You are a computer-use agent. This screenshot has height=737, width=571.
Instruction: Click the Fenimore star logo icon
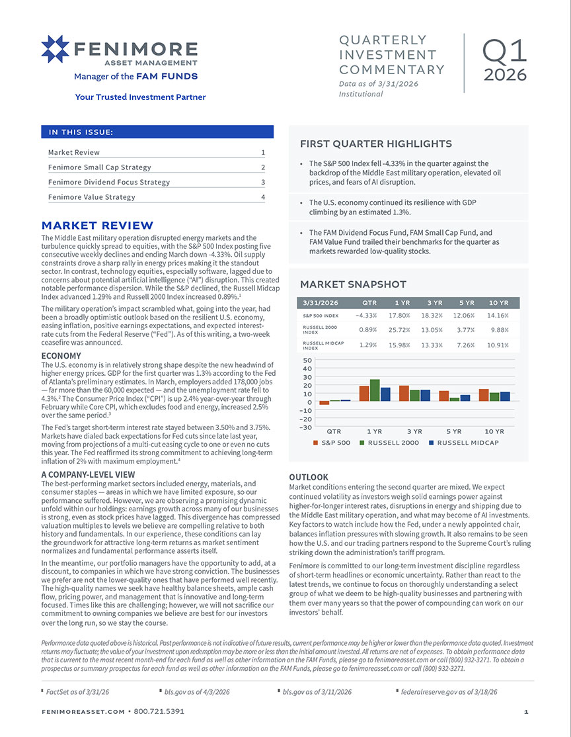[55, 50]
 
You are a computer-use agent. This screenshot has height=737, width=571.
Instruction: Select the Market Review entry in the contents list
[74, 152]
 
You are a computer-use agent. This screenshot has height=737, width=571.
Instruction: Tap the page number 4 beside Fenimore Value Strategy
[262, 197]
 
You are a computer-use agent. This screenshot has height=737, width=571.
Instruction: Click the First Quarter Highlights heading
[376, 144]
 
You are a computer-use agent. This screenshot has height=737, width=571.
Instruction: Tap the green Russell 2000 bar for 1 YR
[375, 390]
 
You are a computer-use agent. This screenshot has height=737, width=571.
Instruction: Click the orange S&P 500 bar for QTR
[324, 403]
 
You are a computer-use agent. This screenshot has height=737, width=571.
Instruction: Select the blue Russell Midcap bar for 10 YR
[505, 396]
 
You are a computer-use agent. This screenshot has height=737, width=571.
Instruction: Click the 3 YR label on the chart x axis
[414, 431]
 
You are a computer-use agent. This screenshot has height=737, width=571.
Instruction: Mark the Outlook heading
[309, 477]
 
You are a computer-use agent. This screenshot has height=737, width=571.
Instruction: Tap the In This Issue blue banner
[157, 132]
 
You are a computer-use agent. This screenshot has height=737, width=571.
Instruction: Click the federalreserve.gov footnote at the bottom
[449, 691]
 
